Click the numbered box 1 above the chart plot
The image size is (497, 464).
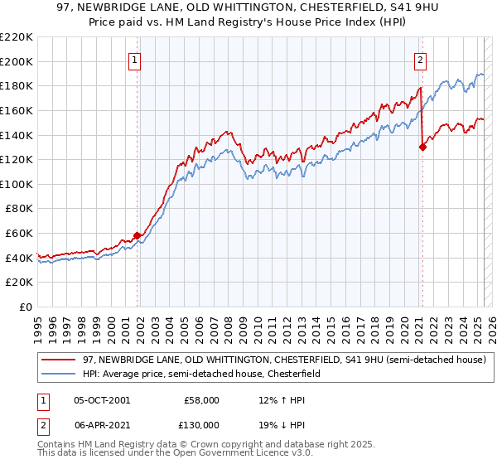pyautogui.click(x=134, y=59)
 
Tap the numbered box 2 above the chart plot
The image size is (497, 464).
pyautogui.click(x=421, y=59)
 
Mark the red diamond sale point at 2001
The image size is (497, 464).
pyautogui.click(x=137, y=235)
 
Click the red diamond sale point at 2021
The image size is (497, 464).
pyautogui.click(x=422, y=147)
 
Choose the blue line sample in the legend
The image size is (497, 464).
pyautogui.click(x=58, y=374)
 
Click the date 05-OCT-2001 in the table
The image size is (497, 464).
pyautogui.click(x=102, y=399)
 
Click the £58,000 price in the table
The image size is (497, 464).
pyautogui.click(x=200, y=399)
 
